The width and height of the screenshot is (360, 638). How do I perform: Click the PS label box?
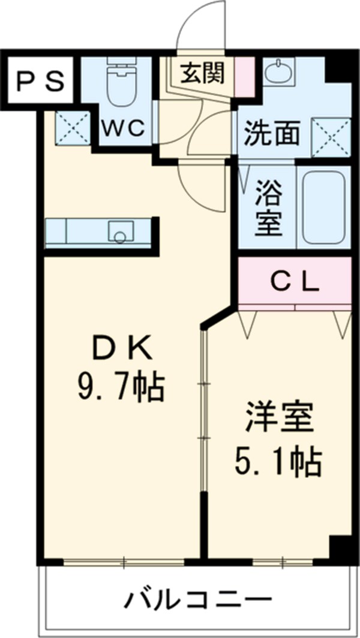click(x=40, y=82)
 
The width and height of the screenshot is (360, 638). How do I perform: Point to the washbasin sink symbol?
click(x=277, y=74)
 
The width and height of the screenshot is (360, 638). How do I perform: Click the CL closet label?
click(x=294, y=281)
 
